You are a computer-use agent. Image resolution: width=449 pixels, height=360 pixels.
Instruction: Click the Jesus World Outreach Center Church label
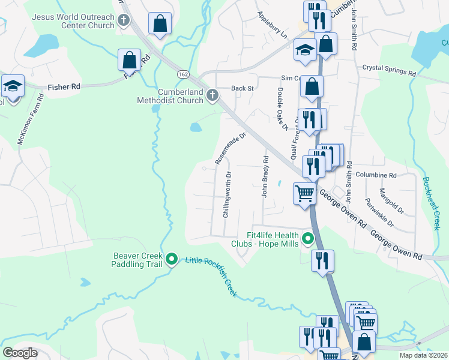point(73,22)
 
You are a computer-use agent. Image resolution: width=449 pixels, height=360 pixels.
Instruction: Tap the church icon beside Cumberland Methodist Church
point(212,95)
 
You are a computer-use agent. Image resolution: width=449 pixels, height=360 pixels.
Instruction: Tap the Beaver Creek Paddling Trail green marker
point(172,259)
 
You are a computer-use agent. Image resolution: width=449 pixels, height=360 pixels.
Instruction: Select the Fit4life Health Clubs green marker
point(309,240)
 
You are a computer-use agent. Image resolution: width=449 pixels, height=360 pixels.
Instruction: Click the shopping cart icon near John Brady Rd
point(304,194)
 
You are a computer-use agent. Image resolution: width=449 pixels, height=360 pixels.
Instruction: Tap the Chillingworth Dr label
point(227,195)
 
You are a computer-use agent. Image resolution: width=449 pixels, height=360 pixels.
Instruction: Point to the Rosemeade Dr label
point(231,149)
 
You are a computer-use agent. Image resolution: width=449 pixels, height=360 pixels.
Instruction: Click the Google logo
point(20,353)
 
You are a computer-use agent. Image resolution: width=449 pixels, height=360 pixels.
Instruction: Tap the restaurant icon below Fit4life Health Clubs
point(322,260)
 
